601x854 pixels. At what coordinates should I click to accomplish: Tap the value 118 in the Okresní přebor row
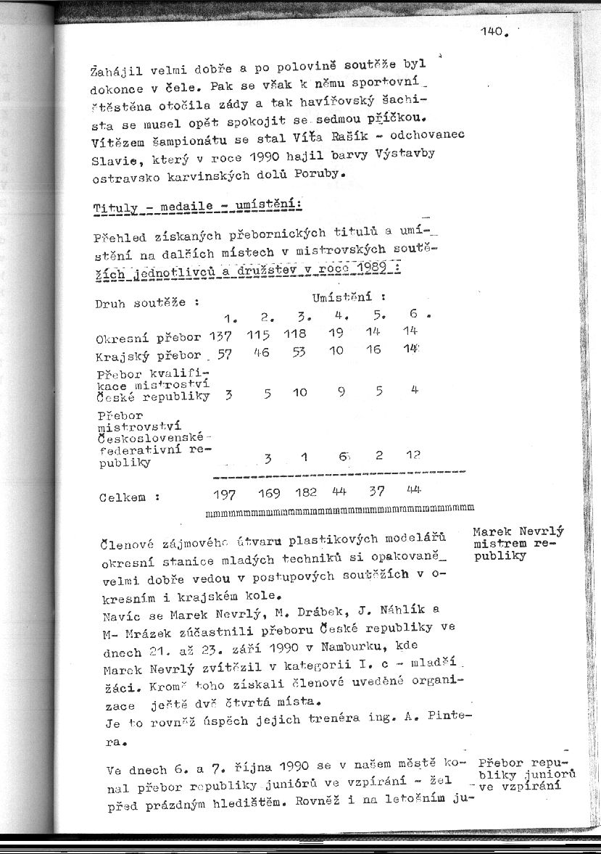294,334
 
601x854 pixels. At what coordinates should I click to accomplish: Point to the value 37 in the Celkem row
375,492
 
